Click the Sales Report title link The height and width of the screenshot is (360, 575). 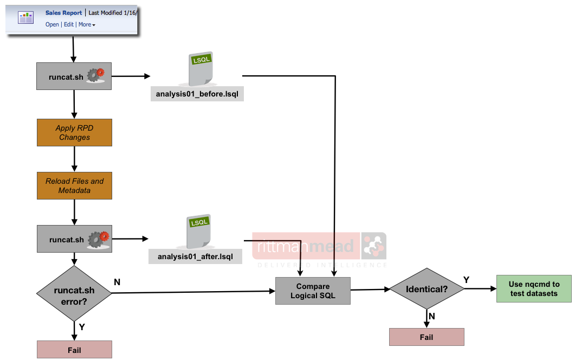pyautogui.click(x=63, y=13)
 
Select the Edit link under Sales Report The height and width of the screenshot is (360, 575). pyautogui.click(x=69, y=24)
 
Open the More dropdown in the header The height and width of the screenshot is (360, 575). pyautogui.click(x=86, y=24)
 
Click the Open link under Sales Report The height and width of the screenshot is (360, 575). pyautogui.click(x=52, y=24)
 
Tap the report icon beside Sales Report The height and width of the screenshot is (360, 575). pyautogui.click(x=25, y=17)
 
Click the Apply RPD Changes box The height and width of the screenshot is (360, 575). pyautogui.click(x=74, y=133)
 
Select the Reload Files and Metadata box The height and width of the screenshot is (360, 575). pyautogui.click(x=74, y=186)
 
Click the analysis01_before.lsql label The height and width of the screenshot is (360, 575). pyautogui.click(x=197, y=94)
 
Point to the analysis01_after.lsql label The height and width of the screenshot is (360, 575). pyautogui.click(x=195, y=256)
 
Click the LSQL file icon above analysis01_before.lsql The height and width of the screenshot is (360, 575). pyautogui.click(x=199, y=68)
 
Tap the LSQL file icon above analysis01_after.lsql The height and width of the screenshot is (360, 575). pyautogui.click(x=198, y=231)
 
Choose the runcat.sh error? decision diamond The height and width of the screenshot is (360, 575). pyautogui.click(x=74, y=293)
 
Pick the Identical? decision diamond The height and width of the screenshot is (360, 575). pyautogui.click(x=427, y=290)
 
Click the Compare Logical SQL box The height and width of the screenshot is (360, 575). pyautogui.click(x=313, y=291)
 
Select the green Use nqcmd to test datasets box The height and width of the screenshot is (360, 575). pyautogui.click(x=534, y=288)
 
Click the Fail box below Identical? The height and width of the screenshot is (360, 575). pyautogui.click(x=427, y=337)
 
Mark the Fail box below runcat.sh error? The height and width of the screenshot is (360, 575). pyautogui.click(x=74, y=350)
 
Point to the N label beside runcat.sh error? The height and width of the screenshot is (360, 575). pyautogui.click(x=117, y=282)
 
